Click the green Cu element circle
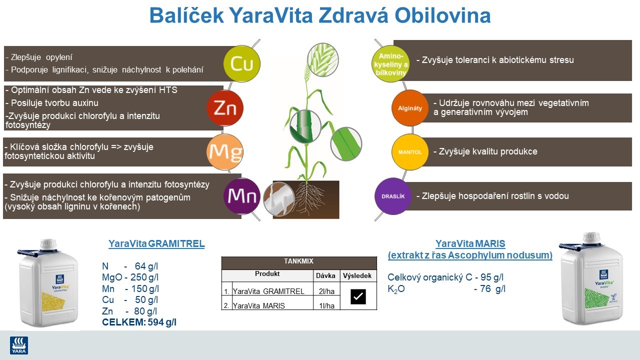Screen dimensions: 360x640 click(x=242, y=63)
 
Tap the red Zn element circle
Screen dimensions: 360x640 click(x=225, y=108)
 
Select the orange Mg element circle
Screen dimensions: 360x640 click(x=225, y=151)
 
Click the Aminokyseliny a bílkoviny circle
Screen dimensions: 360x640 click(x=391, y=63)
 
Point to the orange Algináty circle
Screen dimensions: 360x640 click(x=409, y=108)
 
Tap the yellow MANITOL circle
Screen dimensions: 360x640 click(x=410, y=151)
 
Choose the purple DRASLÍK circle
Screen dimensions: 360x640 click(x=392, y=196)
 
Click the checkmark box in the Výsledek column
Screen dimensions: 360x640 click(x=358, y=296)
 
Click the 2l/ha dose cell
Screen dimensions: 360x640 click(x=325, y=291)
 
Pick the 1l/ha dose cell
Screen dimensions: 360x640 click(x=325, y=305)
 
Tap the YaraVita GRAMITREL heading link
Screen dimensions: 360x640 click(x=156, y=244)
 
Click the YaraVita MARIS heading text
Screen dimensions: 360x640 click(x=470, y=244)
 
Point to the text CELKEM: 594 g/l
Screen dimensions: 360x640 click(x=139, y=322)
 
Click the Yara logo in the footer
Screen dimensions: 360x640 click(x=19, y=345)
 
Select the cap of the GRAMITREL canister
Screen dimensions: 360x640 click(x=48, y=244)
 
